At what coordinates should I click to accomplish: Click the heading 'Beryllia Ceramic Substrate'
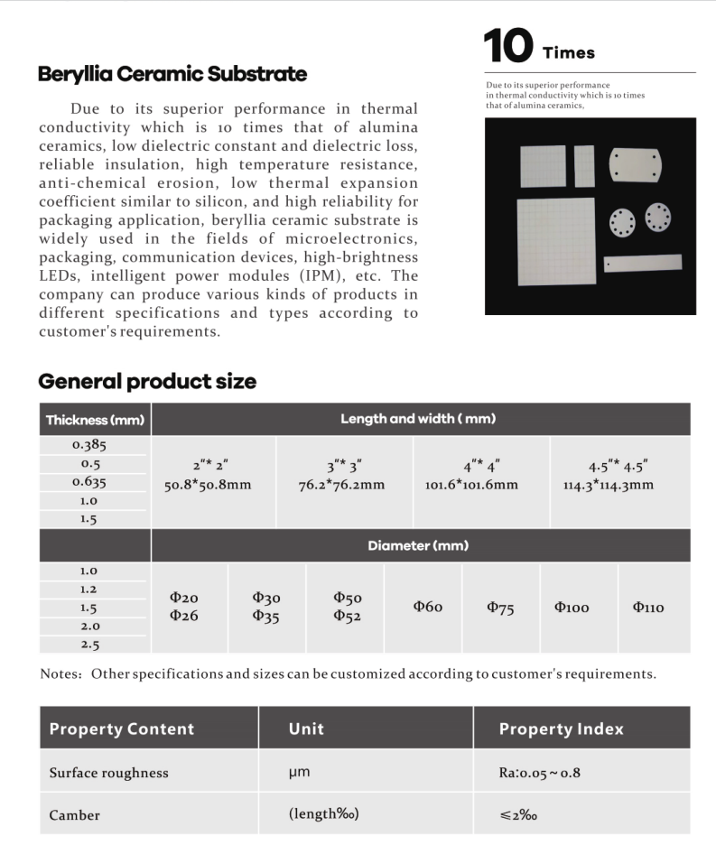pos(172,74)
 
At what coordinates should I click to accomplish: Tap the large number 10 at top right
pos(508,47)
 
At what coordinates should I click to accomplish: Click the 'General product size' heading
pos(147,382)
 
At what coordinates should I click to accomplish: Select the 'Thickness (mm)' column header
pos(95,420)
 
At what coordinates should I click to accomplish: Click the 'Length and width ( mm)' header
pos(418,419)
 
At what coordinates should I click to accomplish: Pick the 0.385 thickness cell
pos(89,445)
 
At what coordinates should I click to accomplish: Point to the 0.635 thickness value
pos(89,482)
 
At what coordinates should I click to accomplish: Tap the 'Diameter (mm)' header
pos(418,546)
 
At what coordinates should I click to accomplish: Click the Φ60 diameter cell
pos(428,607)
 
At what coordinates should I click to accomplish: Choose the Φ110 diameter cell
pos(648,608)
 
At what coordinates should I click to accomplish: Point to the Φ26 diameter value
pos(184,616)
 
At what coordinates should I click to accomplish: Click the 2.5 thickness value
pos(89,645)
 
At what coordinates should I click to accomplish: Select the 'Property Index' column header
pos(561,729)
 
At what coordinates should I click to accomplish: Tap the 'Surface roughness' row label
pos(108,773)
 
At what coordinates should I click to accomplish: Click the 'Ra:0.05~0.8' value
pos(540,773)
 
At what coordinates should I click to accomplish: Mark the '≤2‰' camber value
pos(521,814)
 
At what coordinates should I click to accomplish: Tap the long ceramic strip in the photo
pos(643,264)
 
